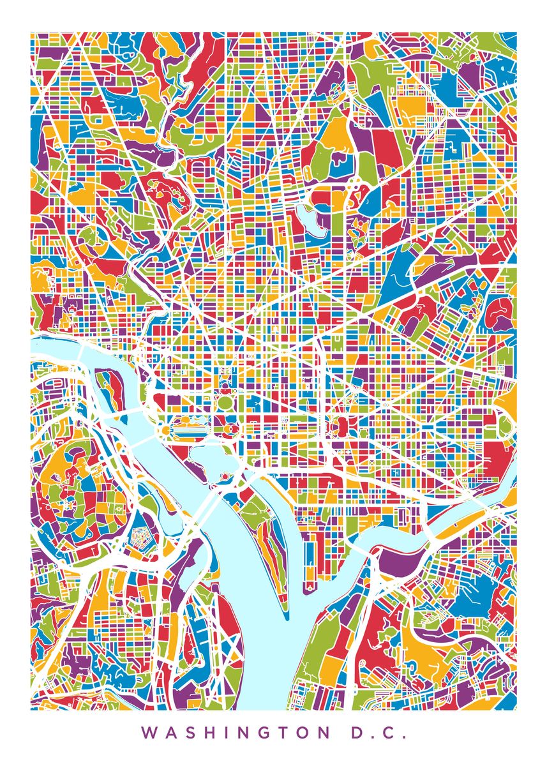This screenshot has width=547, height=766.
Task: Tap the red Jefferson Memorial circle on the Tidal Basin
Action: (x=225, y=476)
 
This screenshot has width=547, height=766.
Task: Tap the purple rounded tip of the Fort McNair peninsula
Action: (x=308, y=584)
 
